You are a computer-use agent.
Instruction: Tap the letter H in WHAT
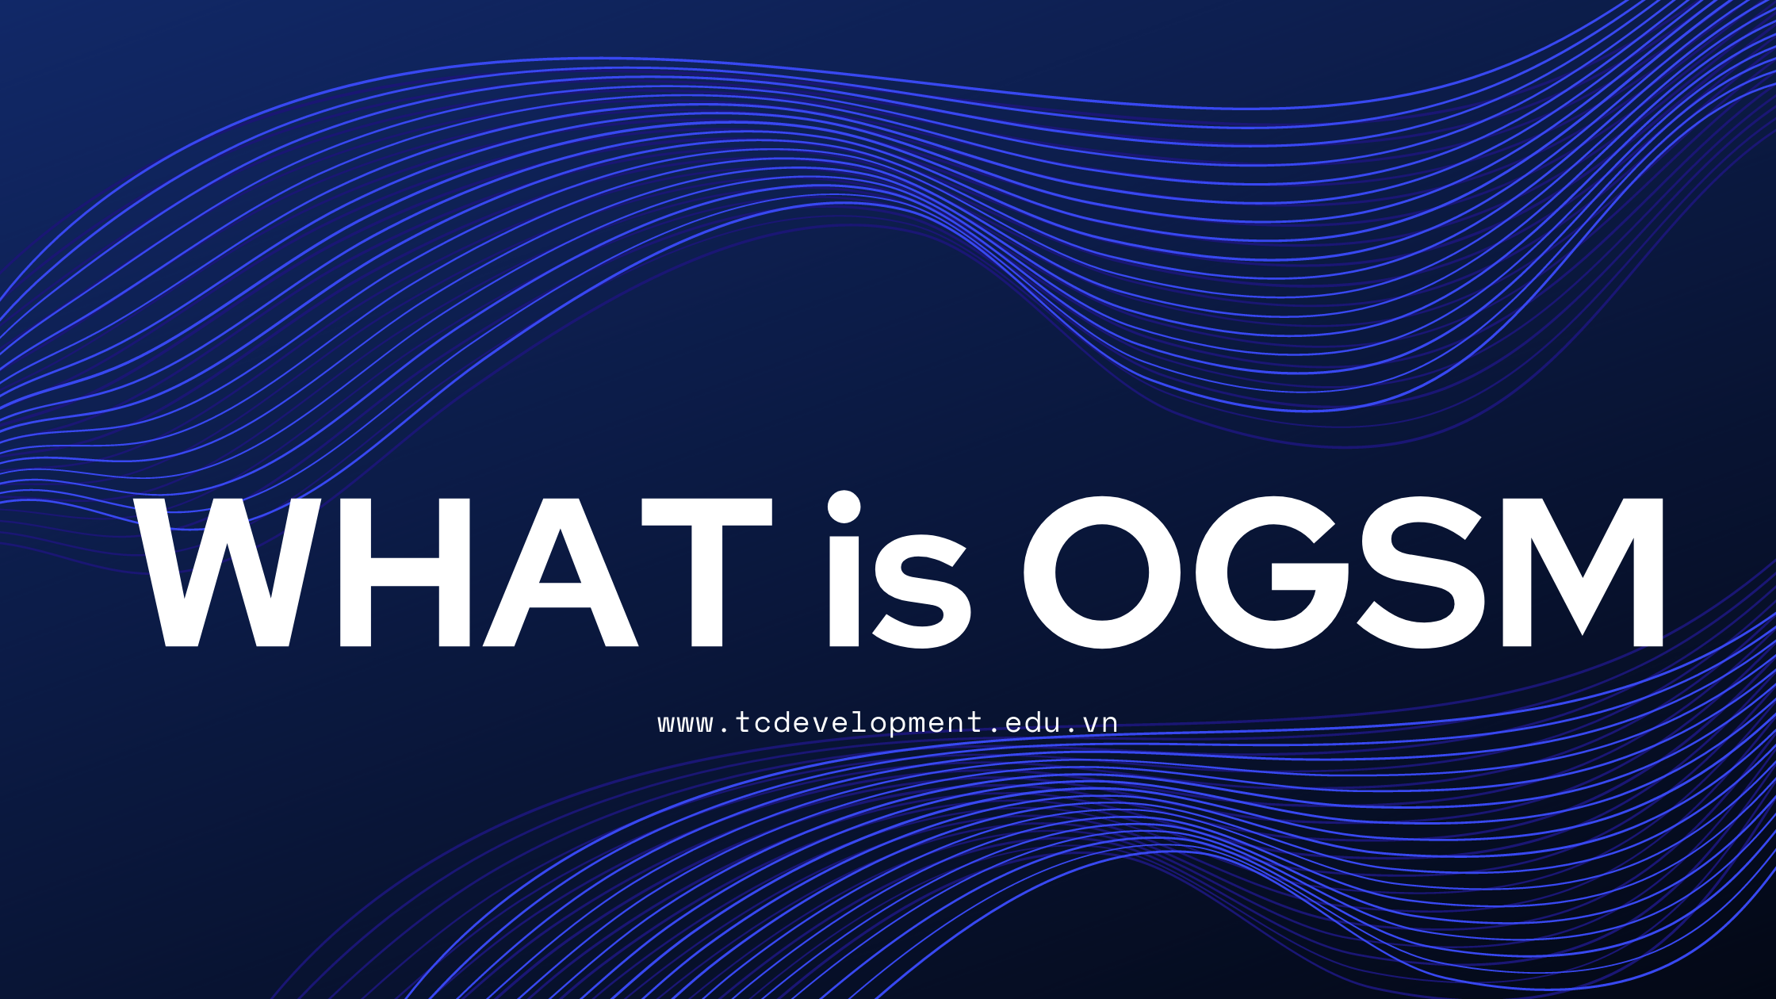click(404, 572)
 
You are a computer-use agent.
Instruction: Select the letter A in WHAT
click(561, 572)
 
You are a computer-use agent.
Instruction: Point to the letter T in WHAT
click(707, 572)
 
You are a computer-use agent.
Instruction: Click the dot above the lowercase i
click(844, 507)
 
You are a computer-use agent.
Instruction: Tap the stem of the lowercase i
click(844, 591)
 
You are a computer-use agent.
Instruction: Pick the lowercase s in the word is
click(921, 591)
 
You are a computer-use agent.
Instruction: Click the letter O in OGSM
click(1102, 572)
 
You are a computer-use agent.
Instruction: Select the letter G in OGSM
click(1272, 572)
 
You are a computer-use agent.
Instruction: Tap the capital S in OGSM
click(1419, 572)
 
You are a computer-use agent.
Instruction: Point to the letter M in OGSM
click(1583, 572)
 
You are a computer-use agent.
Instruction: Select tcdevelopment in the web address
click(859, 724)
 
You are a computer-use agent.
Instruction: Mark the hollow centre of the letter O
click(1102, 572)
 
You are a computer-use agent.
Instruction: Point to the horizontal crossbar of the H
click(404, 572)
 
